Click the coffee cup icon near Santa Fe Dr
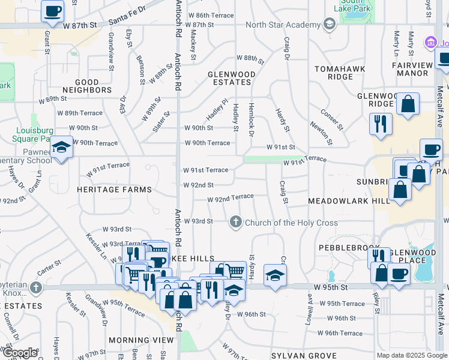[x=53, y=11]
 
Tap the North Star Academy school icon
[x=329, y=25]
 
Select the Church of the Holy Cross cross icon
[x=236, y=223]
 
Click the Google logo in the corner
[x=20, y=353]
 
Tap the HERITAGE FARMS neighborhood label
[x=114, y=190]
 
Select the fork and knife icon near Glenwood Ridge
[x=381, y=123]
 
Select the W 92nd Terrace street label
[x=231, y=198]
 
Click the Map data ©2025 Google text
[x=412, y=355]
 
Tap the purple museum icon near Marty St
[x=430, y=43]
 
